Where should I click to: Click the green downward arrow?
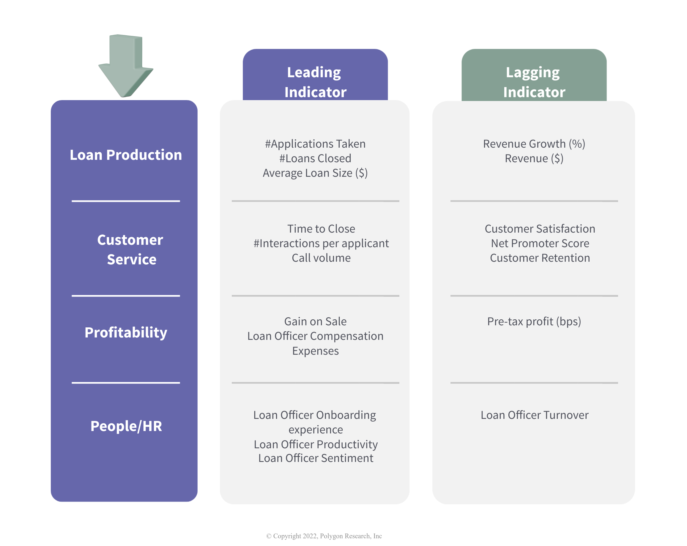point(126,65)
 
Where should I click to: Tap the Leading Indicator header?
point(315,82)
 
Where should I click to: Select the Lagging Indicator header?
point(534,82)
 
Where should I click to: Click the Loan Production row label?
point(126,155)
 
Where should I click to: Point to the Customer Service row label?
point(130,250)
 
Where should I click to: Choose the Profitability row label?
point(126,333)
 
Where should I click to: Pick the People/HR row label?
point(126,426)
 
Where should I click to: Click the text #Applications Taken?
point(315,144)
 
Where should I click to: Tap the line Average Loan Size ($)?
point(315,173)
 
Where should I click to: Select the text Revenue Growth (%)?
point(534,144)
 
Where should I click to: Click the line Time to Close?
point(321,229)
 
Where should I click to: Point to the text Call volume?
point(321,258)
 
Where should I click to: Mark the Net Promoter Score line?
point(540,243)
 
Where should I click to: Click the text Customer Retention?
point(540,258)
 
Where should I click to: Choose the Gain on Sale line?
point(315,321)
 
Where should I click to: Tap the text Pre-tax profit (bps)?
point(534,321)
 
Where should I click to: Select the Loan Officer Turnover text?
point(534,415)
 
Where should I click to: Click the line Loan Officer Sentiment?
point(316,458)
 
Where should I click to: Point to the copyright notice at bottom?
point(324,536)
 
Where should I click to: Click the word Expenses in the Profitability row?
point(316,351)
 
